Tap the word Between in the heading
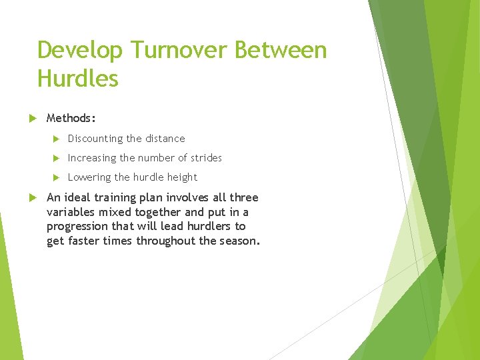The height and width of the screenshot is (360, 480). [285, 51]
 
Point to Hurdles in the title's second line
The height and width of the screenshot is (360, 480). [77, 79]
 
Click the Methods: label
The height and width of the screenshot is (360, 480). [71, 118]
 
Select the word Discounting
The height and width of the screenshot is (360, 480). [95, 139]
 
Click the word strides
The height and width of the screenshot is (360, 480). [206, 158]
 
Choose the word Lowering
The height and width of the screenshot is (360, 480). [89, 177]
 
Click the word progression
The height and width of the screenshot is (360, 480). [77, 227]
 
